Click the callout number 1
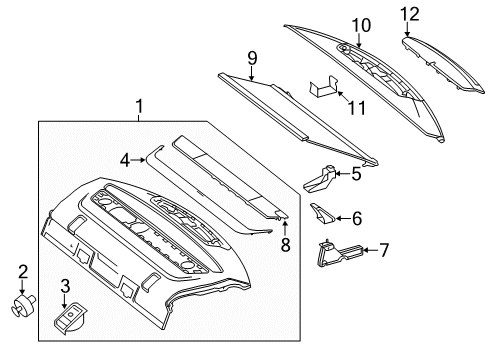pyautogui.click(x=140, y=105)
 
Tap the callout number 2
pyautogui.click(x=22, y=271)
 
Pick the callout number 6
pyautogui.click(x=358, y=215)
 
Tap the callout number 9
pyautogui.click(x=251, y=59)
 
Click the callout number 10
pyautogui.click(x=359, y=24)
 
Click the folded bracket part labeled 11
pyautogui.click(x=322, y=92)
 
